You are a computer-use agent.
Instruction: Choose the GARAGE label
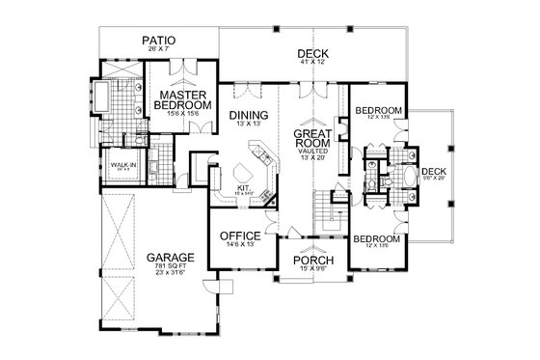[170, 258]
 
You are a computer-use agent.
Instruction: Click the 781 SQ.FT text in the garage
[170, 269]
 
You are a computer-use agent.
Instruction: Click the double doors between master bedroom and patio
[188, 63]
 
